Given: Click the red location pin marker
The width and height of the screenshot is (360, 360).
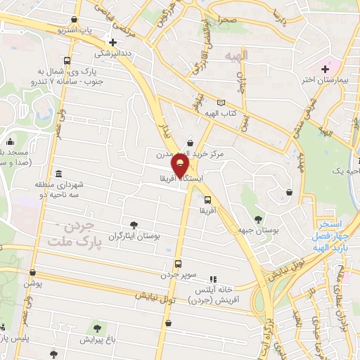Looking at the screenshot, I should coord(181,166).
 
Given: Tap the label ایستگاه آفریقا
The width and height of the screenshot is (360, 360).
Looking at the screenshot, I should coord(182,180).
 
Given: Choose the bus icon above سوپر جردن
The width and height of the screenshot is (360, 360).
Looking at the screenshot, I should coord(177,263).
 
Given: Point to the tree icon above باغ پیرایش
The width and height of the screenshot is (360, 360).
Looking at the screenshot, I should coord(97,327).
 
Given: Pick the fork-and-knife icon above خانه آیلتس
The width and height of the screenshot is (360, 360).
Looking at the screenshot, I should coord(213,280).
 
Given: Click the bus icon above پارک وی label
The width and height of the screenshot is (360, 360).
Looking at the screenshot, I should coord(67,60).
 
